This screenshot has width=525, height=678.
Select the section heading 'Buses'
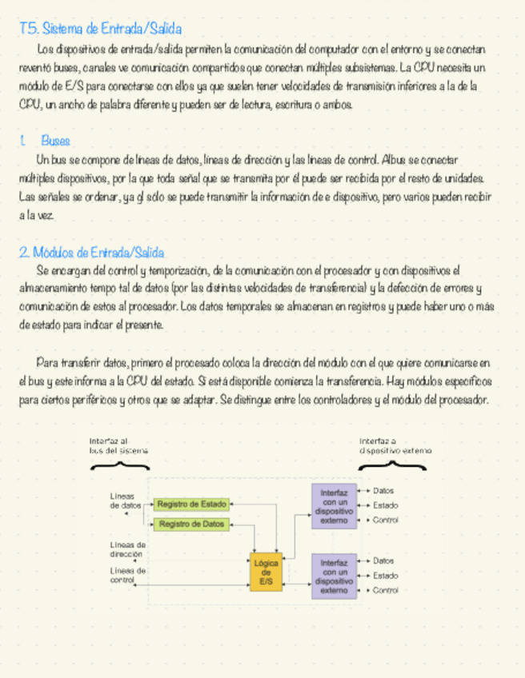55,141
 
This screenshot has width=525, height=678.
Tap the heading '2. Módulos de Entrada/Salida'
91,253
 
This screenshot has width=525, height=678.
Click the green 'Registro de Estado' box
191,505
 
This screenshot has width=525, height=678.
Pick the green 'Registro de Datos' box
191,524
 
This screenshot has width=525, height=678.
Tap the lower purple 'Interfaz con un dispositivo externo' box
333,576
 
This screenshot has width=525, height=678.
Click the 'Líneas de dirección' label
126,548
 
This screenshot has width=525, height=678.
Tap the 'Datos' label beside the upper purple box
383,491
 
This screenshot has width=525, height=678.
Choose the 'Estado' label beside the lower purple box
385,576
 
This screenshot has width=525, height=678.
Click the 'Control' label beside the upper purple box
385,520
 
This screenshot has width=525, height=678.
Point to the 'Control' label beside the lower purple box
385,591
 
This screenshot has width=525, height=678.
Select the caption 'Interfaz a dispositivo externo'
395,445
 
